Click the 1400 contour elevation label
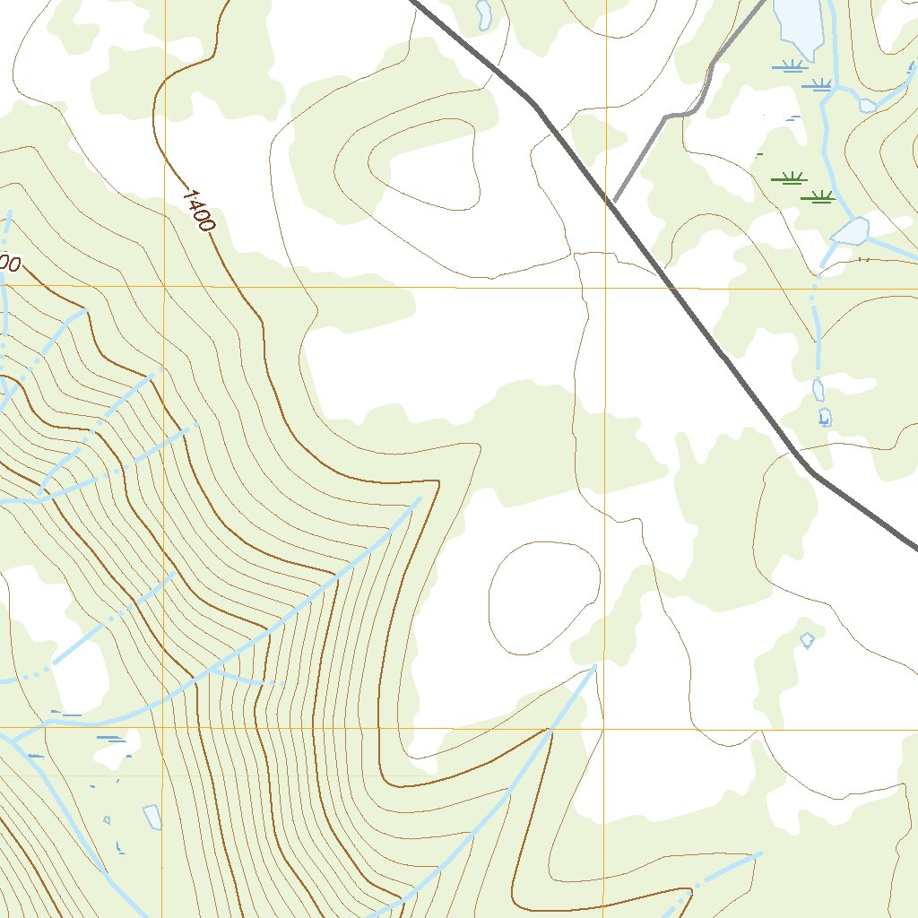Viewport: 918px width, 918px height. point(198,210)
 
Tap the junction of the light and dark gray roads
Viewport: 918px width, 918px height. point(613,202)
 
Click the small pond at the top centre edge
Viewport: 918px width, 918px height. point(484,13)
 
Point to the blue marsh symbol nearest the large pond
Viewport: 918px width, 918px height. point(789,65)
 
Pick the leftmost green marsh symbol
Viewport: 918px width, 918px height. point(789,178)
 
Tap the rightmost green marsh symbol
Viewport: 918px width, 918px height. point(819,196)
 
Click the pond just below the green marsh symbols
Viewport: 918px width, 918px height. point(850,232)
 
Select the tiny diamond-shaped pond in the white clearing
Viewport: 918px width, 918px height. point(807,639)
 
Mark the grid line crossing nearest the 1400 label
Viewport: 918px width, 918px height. point(164,286)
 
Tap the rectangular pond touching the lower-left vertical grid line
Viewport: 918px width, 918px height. point(152,817)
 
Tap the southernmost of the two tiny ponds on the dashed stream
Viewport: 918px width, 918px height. point(824,417)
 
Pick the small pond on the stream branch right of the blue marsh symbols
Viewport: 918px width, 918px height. point(867,105)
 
